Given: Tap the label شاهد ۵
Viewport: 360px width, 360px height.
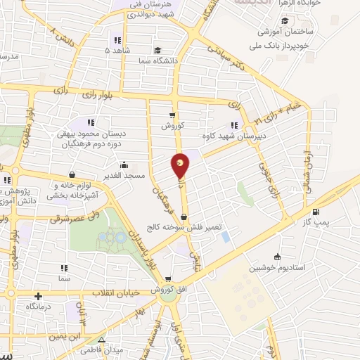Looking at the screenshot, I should (x=117, y=51).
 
